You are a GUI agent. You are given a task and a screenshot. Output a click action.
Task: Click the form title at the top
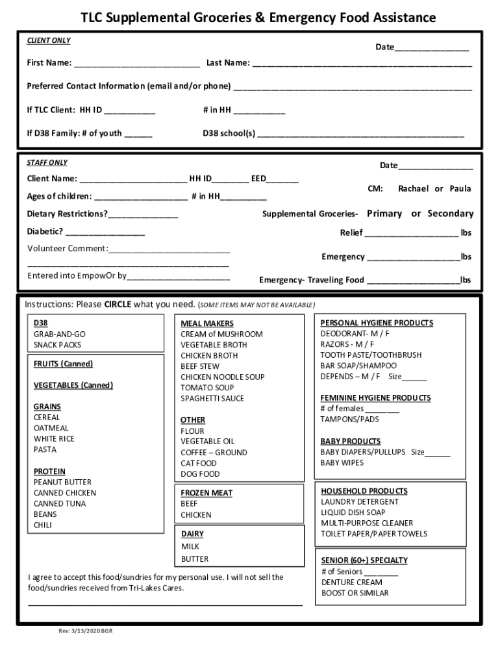(x=258, y=18)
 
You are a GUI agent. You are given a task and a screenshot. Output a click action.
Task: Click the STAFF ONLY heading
(x=47, y=162)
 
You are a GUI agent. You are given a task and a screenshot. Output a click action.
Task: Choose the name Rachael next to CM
(x=414, y=188)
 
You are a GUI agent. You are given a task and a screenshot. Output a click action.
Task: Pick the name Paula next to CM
(x=460, y=188)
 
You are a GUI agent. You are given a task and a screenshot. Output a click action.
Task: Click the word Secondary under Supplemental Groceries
(x=450, y=214)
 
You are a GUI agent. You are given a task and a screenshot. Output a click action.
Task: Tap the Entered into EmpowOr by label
(x=77, y=275)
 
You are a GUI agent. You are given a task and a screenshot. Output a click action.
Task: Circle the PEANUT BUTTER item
(x=62, y=482)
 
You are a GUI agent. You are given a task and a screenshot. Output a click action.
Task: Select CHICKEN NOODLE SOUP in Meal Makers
(x=222, y=377)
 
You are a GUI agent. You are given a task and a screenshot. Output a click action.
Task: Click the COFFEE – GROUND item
(x=214, y=452)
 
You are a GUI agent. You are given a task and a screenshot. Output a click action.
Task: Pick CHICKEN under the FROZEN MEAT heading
(x=195, y=515)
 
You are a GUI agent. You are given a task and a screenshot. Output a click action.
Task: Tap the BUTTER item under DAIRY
(x=195, y=558)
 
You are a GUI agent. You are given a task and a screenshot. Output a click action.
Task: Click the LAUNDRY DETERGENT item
(x=360, y=501)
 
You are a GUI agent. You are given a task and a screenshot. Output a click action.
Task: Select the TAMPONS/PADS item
(x=349, y=419)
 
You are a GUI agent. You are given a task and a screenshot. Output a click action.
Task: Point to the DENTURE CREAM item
(x=351, y=582)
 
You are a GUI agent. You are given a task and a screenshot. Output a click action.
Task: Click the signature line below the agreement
(x=165, y=604)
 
